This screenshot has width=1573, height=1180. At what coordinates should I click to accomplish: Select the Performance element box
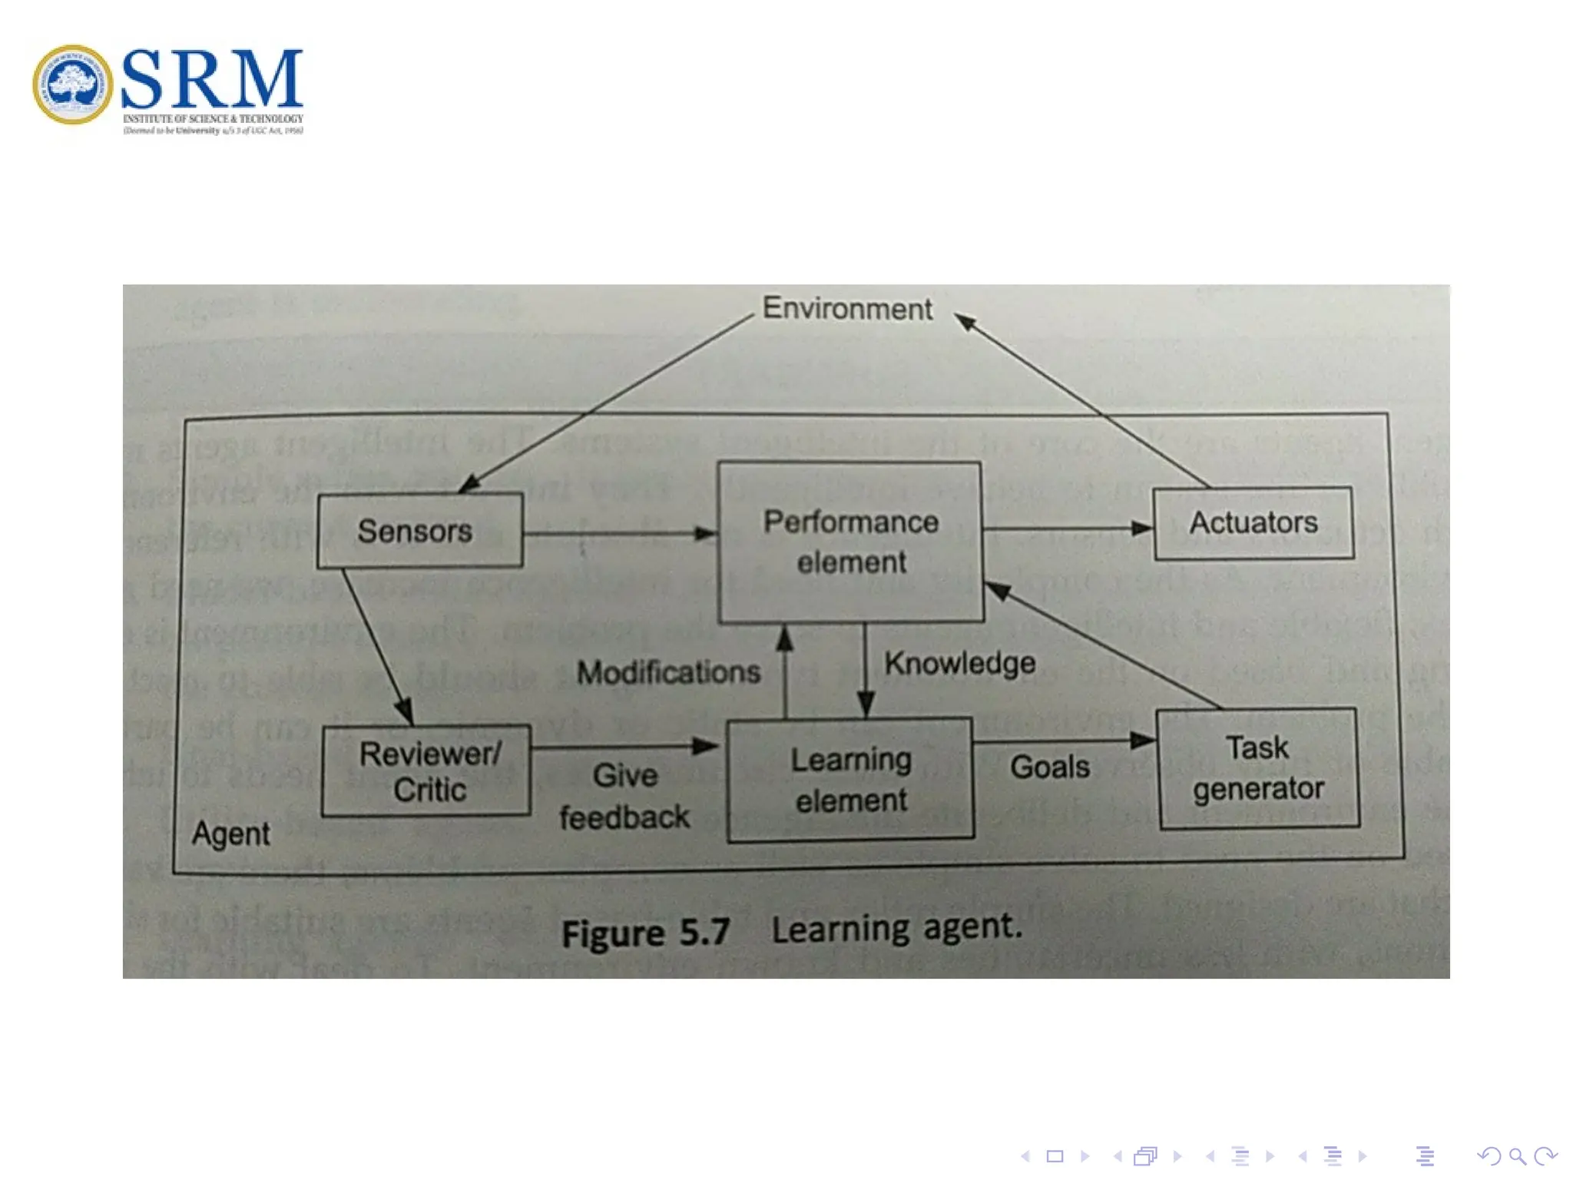[850, 542]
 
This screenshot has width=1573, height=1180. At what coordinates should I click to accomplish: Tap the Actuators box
[1253, 522]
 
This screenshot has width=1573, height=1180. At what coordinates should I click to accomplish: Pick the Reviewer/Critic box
[427, 771]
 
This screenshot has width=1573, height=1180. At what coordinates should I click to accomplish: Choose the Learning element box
[850, 780]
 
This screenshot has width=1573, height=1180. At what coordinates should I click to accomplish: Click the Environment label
[846, 309]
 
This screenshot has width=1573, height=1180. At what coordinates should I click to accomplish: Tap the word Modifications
[668, 672]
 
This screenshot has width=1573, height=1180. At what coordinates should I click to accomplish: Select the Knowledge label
[959, 663]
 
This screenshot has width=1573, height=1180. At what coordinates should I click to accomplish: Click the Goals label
[1049, 767]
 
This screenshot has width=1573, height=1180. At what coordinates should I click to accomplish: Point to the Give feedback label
[624, 796]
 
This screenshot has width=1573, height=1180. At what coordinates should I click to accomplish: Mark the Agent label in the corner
[230, 834]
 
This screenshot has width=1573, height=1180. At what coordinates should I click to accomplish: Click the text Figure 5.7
[645, 933]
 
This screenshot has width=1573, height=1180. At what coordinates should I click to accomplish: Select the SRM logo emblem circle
[72, 85]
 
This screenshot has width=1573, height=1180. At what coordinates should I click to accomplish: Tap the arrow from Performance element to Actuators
[1068, 529]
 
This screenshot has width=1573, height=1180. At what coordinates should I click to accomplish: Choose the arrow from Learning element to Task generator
[1065, 742]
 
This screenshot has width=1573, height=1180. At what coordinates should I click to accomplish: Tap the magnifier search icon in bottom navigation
[1516, 1156]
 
